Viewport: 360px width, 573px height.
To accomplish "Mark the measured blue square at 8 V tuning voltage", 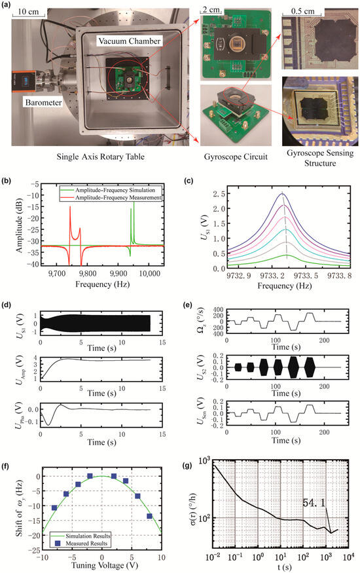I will pos(150,517).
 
